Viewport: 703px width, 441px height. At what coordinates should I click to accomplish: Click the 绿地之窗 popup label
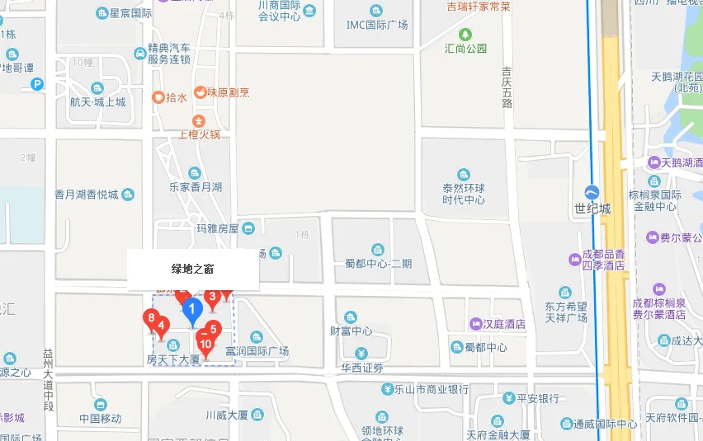click(x=193, y=269)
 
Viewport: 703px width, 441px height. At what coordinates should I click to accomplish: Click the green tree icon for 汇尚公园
click(x=466, y=34)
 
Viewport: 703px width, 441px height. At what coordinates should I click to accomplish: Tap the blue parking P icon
click(x=37, y=84)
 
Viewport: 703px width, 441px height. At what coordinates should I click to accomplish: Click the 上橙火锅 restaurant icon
click(x=199, y=120)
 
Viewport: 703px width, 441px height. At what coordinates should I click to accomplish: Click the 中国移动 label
click(x=101, y=417)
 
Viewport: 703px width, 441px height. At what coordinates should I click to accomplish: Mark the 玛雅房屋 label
click(x=218, y=228)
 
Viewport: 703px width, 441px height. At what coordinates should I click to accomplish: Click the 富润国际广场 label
click(x=257, y=350)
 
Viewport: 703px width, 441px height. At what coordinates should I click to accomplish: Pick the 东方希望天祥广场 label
click(x=566, y=311)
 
